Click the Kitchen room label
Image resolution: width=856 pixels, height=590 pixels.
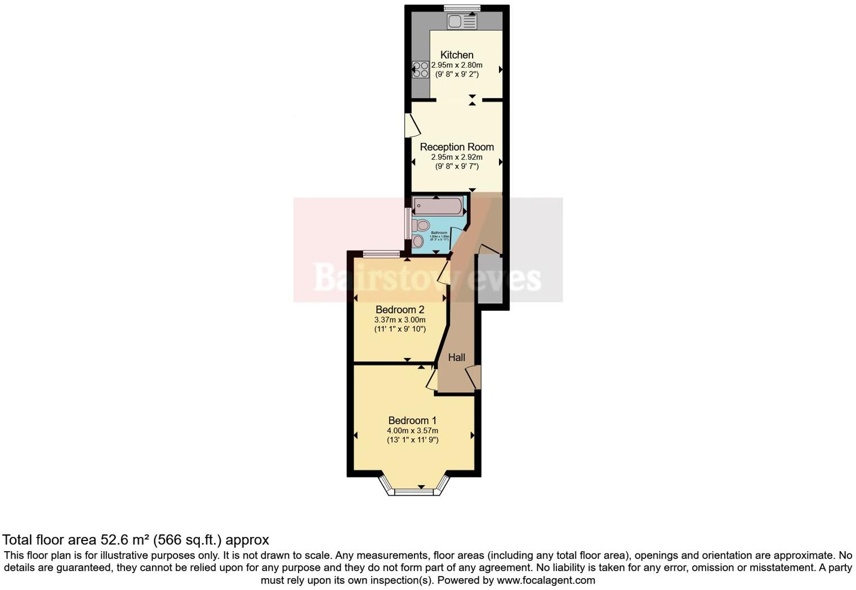[456, 55]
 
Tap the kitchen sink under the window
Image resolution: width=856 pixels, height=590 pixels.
[461, 22]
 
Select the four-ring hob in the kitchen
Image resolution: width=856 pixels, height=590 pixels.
[420, 70]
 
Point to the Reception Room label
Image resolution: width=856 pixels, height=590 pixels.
[457, 147]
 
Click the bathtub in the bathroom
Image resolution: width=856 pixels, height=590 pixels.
[438, 207]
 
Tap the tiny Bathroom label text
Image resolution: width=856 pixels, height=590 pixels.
[439, 233]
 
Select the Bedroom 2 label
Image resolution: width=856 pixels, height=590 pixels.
[400, 310]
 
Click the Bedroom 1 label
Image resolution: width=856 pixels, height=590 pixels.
[412, 421]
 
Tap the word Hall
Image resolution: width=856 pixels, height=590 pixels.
[457, 357]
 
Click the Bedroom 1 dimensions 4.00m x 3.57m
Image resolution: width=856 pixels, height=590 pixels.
[412, 431]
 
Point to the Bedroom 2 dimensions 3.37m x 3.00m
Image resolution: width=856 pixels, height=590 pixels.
[400, 320]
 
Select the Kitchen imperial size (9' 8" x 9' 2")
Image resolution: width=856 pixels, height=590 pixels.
[457, 74]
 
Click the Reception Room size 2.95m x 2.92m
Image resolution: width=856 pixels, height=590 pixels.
[457, 157]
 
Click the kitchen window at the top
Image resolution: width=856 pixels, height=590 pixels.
[462, 8]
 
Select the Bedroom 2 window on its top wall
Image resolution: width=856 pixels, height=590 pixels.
[381, 254]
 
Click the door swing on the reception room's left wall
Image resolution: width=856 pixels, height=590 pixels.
[412, 126]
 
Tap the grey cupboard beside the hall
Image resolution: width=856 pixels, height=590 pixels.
[489, 280]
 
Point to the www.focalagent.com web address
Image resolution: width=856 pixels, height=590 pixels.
[545, 580]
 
